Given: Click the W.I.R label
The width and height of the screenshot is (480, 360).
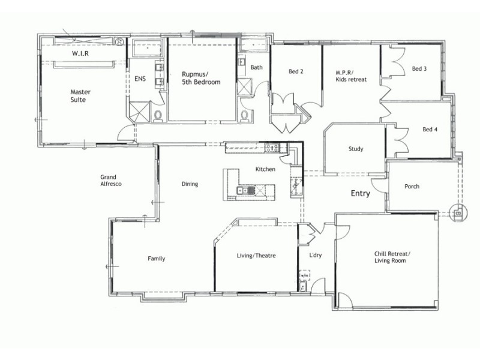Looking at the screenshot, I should coord(81,53).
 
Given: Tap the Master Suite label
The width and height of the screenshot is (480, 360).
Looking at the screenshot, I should coord(78,96).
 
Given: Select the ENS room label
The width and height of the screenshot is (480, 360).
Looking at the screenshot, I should coord(139,79).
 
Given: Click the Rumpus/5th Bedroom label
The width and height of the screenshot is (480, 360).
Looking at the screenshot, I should coord(201,78).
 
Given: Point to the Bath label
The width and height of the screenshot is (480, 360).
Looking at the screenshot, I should coord(257,68).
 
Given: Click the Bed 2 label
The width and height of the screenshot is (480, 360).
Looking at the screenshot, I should coord(296,71).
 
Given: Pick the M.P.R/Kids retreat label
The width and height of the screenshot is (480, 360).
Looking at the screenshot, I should coord(351,76).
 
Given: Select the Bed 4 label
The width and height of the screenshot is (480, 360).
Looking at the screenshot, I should coord(430,129).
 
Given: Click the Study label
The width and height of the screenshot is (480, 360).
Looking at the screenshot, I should coord(356,149).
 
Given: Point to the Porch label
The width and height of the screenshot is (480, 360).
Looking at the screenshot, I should coord(412,187).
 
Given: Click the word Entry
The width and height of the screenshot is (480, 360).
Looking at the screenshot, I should coord(361,194).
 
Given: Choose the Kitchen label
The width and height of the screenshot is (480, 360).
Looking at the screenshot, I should coord(265,169).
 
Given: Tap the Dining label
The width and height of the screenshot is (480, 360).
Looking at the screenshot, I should coord(190,184).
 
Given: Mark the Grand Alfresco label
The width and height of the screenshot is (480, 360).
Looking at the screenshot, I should coord(111,181).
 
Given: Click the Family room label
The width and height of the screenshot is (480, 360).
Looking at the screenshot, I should coord(157,259).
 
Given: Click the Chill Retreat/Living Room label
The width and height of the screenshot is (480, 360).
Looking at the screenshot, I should coord(392,257).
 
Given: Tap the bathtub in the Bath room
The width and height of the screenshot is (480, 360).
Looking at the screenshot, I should coord(256,46).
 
